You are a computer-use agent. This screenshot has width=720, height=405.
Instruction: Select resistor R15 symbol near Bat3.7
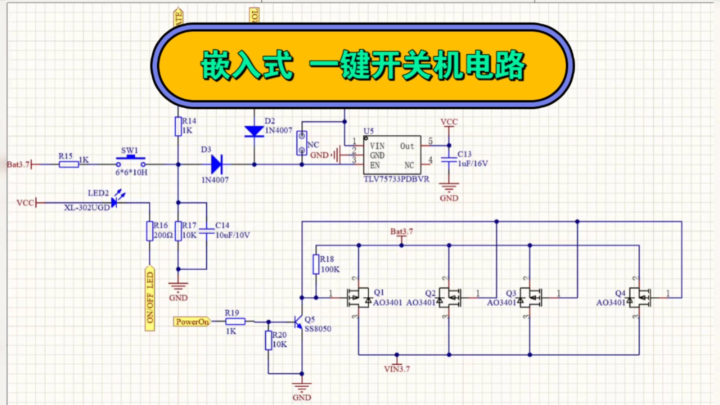pyautogui.click(x=69, y=164)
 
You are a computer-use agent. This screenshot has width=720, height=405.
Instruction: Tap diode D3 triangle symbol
pyautogui.click(x=216, y=164)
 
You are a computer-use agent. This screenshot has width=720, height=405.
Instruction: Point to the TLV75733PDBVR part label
pyautogui.click(x=396, y=179)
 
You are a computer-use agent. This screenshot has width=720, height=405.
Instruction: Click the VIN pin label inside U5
pyautogui.click(x=377, y=146)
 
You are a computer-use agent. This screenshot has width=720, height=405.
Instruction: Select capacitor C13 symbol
pyautogui.click(x=449, y=160)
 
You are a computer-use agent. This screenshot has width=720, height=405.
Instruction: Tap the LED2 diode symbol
pyautogui.click(x=114, y=202)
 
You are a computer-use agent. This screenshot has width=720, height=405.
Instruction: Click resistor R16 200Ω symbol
pyautogui.click(x=149, y=231)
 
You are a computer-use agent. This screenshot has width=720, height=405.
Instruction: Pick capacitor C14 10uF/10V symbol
pyautogui.click(x=206, y=231)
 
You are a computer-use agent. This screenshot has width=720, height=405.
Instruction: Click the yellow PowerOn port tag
pyautogui.click(x=192, y=321)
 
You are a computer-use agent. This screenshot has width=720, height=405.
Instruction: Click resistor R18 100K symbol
pyautogui.click(x=316, y=264)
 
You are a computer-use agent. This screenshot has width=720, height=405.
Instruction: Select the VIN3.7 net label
pyautogui.click(x=397, y=369)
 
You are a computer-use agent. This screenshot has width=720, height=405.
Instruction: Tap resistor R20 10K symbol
pyautogui.click(x=268, y=340)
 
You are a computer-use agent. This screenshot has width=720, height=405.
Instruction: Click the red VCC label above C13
pyautogui.click(x=449, y=122)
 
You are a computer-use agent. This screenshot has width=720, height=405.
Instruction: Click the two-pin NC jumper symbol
pyautogui.click(x=301, y=142)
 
